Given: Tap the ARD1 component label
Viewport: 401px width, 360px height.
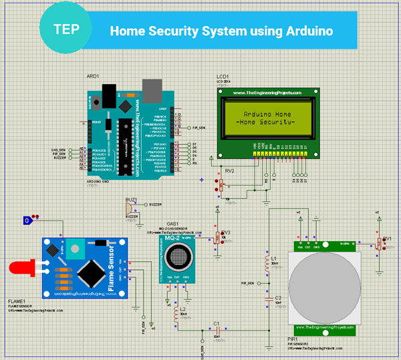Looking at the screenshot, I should point(93,77).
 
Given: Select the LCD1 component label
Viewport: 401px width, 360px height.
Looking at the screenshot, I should point(223,77).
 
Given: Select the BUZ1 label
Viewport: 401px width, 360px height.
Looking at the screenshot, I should point(131,199).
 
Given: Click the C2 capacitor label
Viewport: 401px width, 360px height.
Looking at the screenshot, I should point(279,297).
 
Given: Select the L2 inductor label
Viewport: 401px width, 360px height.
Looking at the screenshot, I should point(183,309).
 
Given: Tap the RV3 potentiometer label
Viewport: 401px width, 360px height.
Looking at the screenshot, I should point(226,232).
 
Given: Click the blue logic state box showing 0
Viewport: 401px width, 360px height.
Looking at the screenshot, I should point(27,220).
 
